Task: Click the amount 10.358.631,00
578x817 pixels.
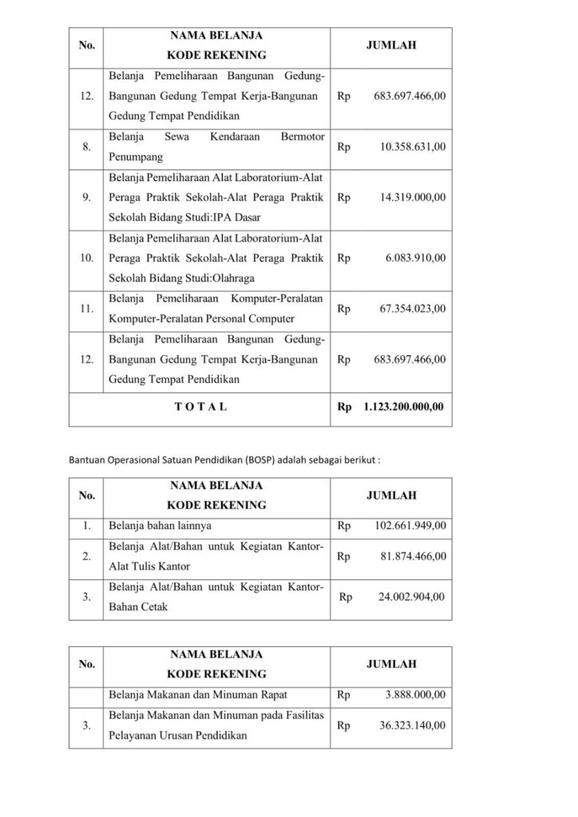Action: click(x=410, y=148)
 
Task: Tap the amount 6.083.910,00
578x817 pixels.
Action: click(x=413, y=259)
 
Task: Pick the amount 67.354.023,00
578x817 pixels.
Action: click(x=410, y=309)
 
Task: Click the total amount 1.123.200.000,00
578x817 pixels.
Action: click(x=403, y=407)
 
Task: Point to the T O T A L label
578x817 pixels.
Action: click(x=200, y=407)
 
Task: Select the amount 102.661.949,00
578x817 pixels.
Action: click(x=410, y=526)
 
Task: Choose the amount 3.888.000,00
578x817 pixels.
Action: click(x=414, y=695)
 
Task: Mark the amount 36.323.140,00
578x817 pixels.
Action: click(x=410, y=725)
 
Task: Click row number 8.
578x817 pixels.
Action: click(x=85, y=148)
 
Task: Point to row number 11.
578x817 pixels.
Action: click(x=85, y=309)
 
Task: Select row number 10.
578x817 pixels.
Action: click(x=85, y=259)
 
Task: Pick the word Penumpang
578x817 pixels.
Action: click(x=134, y=158)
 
